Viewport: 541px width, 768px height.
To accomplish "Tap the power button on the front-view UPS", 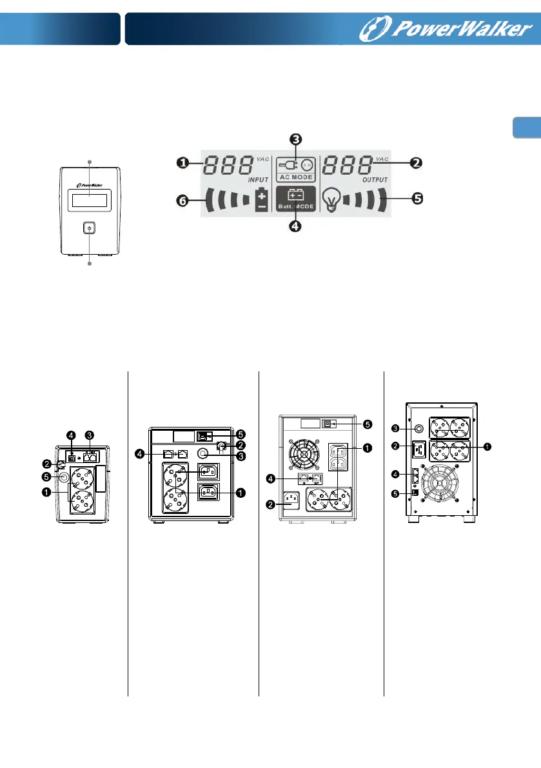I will pyautogui.click(x=89, y=228).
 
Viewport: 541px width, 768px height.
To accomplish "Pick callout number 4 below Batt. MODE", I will pyautogui.click(x=295, y=226).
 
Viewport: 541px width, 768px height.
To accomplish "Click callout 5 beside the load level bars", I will pyautogui.click(x=417, y=199).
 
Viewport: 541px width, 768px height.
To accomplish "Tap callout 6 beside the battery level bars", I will pyautogui.click(x=184, y=201).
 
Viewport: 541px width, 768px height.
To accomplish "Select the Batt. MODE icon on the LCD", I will pyautogui.click(x=295, y=199).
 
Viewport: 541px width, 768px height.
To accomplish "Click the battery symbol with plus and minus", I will pyautogui.click(x=261, y=200).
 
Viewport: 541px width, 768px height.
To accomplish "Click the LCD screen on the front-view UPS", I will pyautogui.click(x=89, y=199).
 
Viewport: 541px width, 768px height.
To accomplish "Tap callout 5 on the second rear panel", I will pyautogui.click(x=241, y=433).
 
